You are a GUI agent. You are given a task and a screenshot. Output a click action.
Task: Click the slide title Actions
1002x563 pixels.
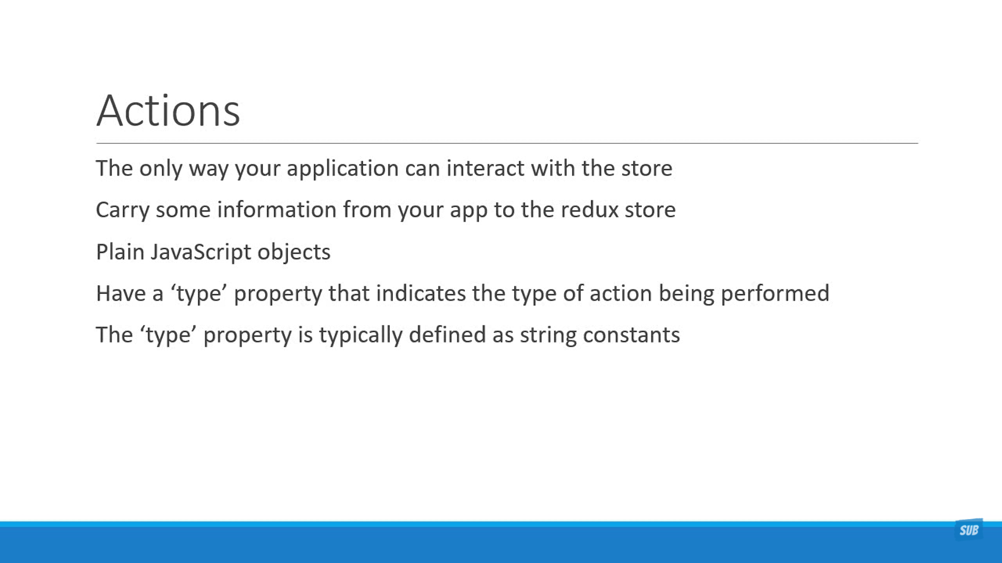point(168,111)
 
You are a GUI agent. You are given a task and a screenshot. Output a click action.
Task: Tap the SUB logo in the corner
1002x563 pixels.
point(969,530)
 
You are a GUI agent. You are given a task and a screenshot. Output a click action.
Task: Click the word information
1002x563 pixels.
point(277,210)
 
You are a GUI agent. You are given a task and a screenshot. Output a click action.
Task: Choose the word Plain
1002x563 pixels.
point(120,252)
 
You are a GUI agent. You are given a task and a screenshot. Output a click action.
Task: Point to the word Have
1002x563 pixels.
point(121,293)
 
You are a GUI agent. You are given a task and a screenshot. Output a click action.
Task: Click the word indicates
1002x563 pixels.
point(421,293)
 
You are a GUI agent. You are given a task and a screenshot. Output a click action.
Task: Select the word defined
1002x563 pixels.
point(447,335)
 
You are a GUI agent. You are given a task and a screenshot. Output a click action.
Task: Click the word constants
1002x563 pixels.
point(631,335)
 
